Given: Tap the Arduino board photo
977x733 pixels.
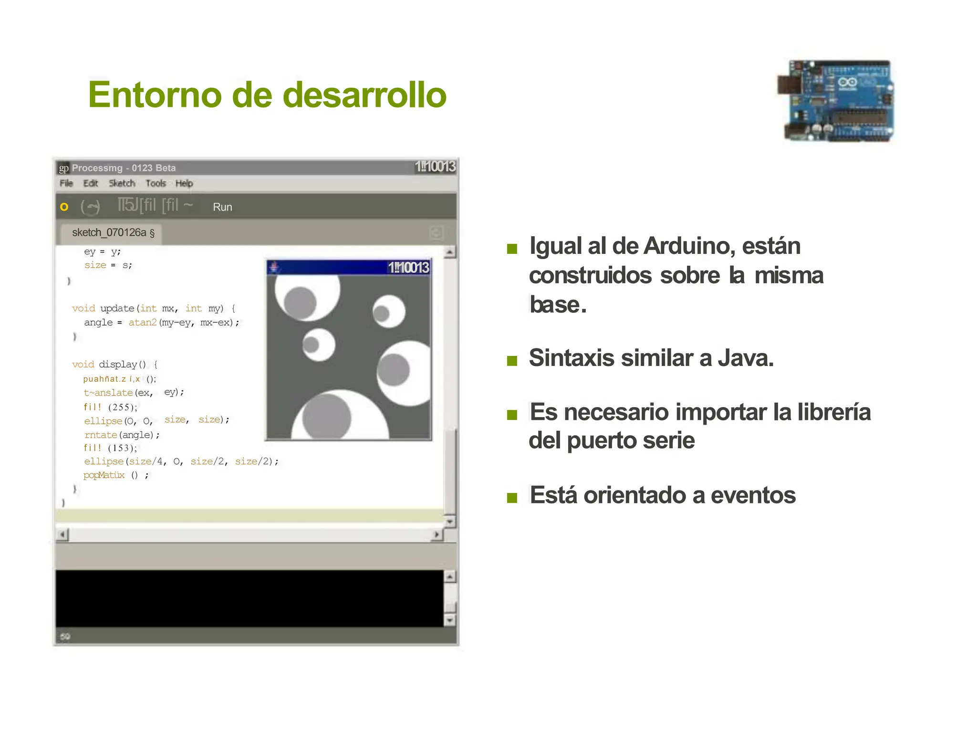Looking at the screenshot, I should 836,101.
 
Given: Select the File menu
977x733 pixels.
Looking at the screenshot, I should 66,183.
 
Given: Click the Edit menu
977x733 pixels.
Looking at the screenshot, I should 90,183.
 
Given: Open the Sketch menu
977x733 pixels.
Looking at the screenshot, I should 122,183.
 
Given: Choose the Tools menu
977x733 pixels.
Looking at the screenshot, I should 156,183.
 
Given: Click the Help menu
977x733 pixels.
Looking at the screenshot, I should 184,183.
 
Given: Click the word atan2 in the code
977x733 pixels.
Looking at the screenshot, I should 142,323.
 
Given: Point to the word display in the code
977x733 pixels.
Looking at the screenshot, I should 117,365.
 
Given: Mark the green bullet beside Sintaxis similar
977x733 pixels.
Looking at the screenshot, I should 512,360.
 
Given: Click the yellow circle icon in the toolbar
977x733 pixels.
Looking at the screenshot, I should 64,207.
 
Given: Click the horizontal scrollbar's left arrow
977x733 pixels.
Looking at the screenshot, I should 62,534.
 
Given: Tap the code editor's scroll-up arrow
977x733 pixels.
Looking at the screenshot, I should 449,252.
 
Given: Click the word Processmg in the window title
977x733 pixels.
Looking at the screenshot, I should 97,168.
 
